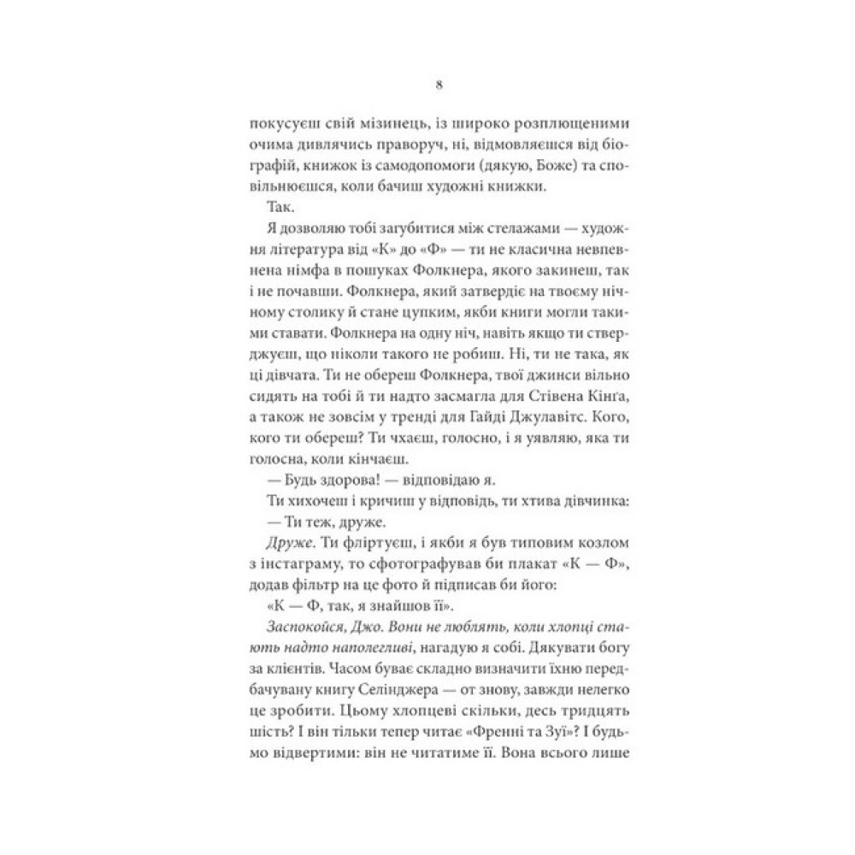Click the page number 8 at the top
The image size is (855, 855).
click(x=438, y=85)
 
